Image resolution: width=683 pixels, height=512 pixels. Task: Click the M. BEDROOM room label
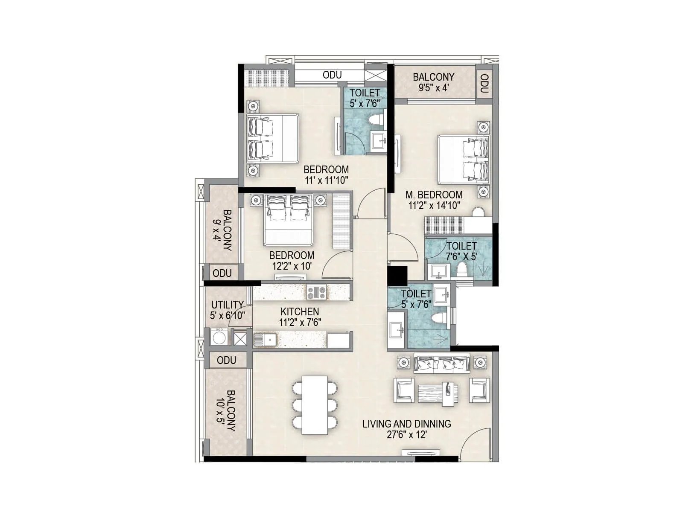pos(434,195)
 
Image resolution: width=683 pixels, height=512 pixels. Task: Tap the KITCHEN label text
pos(300,312)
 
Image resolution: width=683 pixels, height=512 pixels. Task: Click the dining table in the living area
pos(315,405)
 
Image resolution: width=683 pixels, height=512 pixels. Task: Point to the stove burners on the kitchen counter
pos(316,292)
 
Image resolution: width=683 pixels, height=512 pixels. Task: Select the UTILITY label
pos(227,305)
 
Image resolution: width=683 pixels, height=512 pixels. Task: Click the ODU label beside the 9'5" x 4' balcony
pos(484,84)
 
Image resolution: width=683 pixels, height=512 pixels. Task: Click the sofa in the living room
pos(441,364)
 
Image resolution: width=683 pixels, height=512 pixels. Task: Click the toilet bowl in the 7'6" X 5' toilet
pos(461,270)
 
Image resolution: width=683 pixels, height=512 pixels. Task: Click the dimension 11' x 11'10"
pos(326,180)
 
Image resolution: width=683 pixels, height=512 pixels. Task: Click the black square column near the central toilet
pos(397,275)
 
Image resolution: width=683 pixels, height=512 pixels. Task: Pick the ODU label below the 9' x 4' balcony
pos(222,273)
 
